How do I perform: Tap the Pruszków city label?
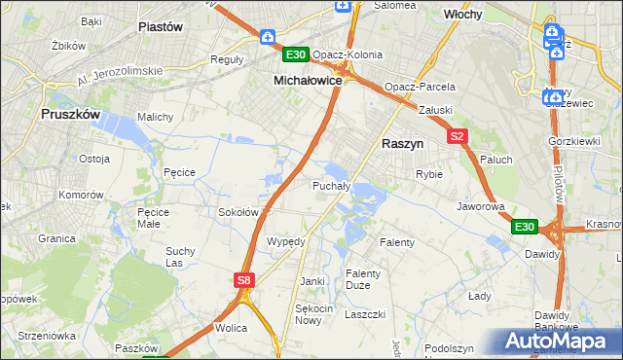point(71,114)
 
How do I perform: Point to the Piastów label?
point(162,27)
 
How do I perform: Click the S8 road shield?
point(245,280)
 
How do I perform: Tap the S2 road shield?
point(458,137)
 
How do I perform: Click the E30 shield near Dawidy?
point(524,227)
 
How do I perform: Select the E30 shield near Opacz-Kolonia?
point(296,54)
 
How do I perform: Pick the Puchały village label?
point(331,185)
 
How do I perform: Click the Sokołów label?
point(238,211)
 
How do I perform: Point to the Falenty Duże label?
point(364,279)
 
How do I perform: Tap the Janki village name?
point(311,281)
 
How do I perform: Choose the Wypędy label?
point(286,241)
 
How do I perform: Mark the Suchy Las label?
point(180,257)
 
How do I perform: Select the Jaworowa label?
point(481,206)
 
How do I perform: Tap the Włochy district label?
point(463,16)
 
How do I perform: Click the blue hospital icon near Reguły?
point(268,37)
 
